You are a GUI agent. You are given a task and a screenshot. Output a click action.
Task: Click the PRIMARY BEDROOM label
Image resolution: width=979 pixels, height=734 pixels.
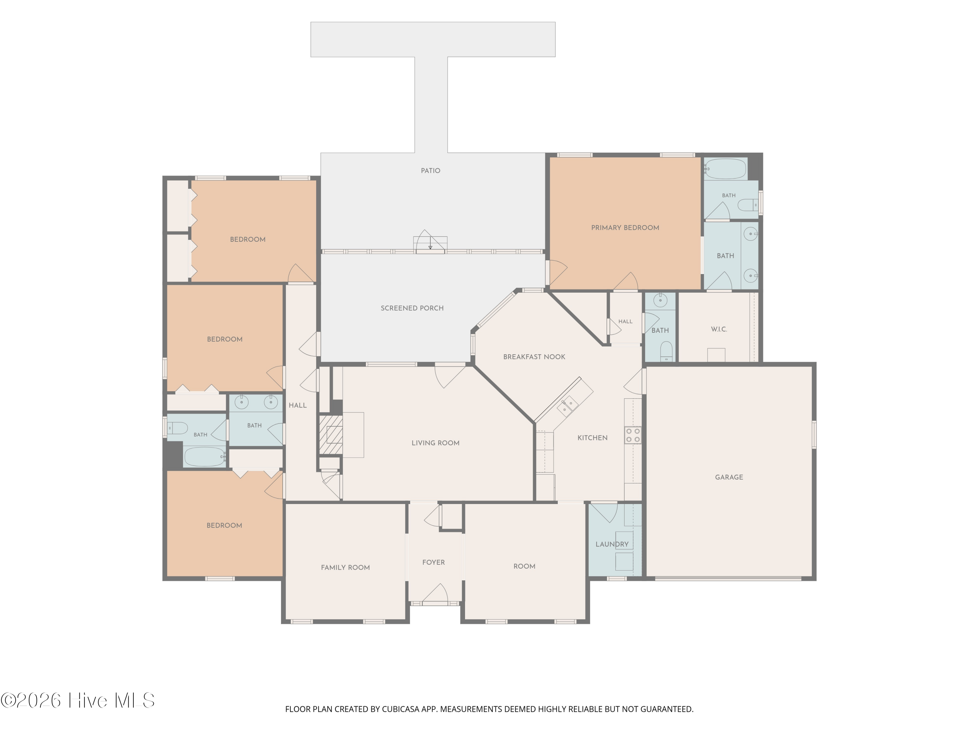[x=625, y=228]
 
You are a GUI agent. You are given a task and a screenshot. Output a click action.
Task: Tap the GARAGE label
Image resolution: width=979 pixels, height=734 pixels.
[x=729, y=477]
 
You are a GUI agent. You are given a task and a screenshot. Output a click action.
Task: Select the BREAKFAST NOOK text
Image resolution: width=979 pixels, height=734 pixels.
[x=534, y=357]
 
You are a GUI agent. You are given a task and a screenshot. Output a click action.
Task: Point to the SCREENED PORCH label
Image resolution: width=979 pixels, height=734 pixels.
[x=412, y=308]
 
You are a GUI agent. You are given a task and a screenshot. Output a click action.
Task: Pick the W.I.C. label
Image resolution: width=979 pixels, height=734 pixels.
[x=719, y=329]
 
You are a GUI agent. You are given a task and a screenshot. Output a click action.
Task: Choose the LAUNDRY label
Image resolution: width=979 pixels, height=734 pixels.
[x=612, y=544]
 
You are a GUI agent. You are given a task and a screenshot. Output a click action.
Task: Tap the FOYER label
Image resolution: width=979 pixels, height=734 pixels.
[x=433, y=562]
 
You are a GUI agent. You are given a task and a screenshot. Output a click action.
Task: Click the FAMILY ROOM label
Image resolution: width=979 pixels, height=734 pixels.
[x=345, y=567]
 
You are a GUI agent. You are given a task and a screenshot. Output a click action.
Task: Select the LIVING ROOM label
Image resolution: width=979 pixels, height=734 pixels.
[x=436, y=443]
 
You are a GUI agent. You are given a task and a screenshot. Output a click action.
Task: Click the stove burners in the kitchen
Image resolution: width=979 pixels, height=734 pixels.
[x=633, y=436]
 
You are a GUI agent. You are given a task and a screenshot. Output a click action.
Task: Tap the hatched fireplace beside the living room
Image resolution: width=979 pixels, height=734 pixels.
[x=331, y=435]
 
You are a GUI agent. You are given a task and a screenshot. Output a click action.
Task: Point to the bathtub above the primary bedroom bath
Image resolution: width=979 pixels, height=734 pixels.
[x=725, y=169]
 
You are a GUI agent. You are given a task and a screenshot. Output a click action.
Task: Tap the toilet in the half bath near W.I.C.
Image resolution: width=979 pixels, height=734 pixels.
[x=666, y=351]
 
